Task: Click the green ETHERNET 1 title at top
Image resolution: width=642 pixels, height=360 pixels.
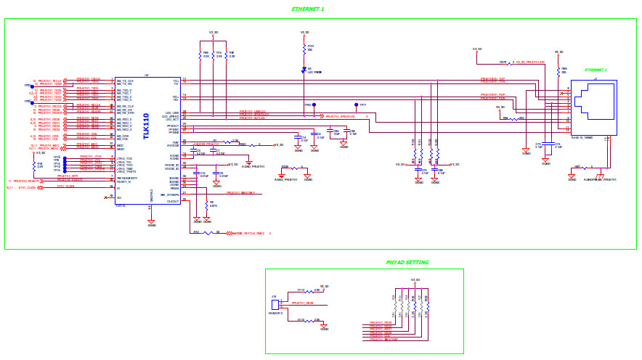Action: tap(307, 9)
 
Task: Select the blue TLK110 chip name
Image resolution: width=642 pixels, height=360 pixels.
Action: tap(146, 126)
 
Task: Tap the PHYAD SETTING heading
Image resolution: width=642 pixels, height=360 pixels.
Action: tap(407, 262)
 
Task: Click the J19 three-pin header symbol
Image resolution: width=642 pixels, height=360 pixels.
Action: tap(275, 305)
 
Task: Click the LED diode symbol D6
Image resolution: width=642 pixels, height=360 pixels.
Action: tap(304, 71)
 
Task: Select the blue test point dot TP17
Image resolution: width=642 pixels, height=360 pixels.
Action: tap(356, 105)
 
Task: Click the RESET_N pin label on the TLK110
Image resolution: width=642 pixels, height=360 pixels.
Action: tap(123, 181)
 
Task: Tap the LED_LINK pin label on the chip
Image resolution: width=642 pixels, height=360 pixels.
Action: tap(171, 112)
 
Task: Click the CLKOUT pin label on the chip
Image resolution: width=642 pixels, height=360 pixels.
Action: tap(173, 201)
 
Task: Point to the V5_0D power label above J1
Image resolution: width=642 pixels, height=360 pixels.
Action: tap(559, 52)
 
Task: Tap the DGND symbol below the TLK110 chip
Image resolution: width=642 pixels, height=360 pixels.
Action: tap(151, 223)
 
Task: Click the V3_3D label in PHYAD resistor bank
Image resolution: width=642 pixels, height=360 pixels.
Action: tap(415, 279)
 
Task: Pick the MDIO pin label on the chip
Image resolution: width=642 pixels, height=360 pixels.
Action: tap(120, 148)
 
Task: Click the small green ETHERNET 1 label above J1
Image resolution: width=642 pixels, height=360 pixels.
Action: tap(596, 70)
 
